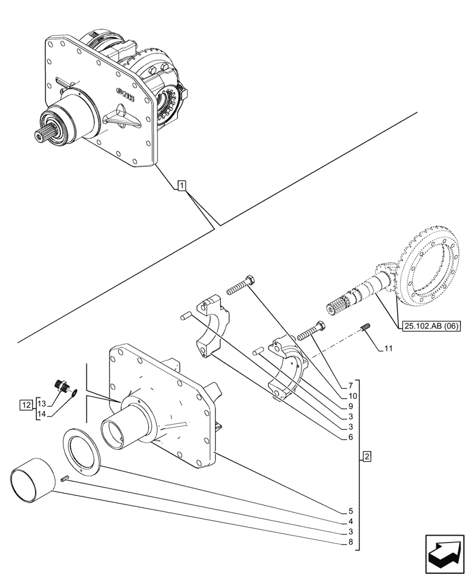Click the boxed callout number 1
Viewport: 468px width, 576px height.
(x=182, y=185)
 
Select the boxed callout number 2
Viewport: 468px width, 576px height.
(x=367, y=458)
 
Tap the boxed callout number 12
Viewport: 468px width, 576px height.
(x=25, y=405)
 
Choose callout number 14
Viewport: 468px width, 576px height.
(x=42, y=414)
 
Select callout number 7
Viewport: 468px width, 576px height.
(x=350, y=385)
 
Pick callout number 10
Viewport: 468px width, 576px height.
(x=350, y=396)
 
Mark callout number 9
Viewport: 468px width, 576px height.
(x=350, y=406)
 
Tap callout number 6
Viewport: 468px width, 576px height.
(x=350, y=437)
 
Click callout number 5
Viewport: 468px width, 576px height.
(x=350, y=511)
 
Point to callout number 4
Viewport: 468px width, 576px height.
(x=350, y=522)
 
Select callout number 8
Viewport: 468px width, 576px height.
(x=350, y=543)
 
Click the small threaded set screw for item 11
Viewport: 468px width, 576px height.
(x=364, y=329)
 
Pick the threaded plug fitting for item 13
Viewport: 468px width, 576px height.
(x=60, y=385)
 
